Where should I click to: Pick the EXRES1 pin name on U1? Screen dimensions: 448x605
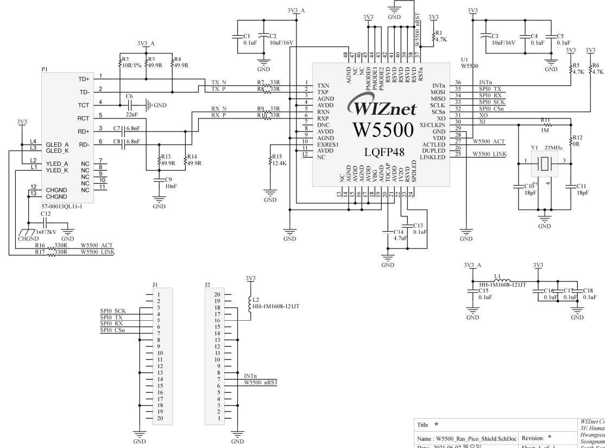point(328,145)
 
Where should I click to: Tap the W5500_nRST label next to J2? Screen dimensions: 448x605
point(260,382)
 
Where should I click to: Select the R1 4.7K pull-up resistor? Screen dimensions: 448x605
point(433,36)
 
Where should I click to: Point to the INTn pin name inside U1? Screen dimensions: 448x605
point(439,86)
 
